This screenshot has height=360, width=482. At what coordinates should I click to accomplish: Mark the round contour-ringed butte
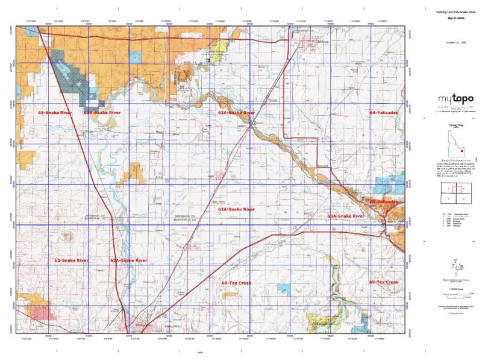pos(71,236)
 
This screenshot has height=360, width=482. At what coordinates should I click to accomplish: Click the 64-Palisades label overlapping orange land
pos(383,201)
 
